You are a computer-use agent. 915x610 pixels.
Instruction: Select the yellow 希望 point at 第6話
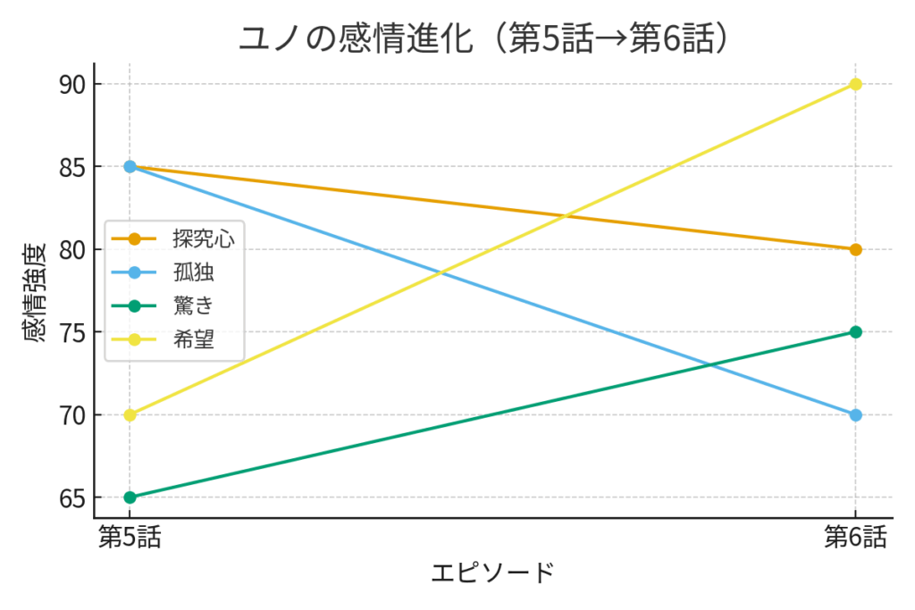(x=855, y=84)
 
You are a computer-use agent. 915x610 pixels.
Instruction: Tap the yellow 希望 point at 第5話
(x=130, y=414)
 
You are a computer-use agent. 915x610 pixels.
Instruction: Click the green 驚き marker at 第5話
(x=130, y=497)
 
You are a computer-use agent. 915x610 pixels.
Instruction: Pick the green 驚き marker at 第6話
(x=855, y=332)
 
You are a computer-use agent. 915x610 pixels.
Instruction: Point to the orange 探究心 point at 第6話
(x=855, y=249)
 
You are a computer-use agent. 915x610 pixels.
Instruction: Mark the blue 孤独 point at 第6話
(x=855, y=414)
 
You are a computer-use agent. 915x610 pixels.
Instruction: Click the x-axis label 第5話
(x=130, y=538)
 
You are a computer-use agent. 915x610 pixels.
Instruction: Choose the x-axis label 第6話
(x=855, y=538)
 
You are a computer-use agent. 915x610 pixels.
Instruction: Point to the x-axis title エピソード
(x=492, y=573)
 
